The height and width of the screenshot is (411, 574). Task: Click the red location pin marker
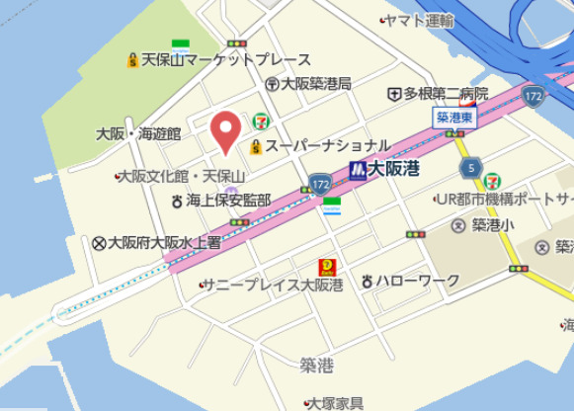(226, 131)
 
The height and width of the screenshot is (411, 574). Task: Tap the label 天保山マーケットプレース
(226, 60)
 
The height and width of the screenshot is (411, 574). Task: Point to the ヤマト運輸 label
(423, 20)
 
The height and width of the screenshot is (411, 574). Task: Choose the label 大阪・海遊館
(138, 133)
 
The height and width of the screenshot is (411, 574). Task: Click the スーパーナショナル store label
(327, 146)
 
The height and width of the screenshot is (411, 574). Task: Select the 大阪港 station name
(394, 169)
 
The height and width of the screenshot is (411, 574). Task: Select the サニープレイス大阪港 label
(274, 286)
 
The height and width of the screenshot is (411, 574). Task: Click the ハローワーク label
(417, 281)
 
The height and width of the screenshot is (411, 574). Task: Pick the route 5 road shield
(470, 165)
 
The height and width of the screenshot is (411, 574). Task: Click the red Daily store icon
(325, 268)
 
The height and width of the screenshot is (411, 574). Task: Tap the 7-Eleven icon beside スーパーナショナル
(261, 121)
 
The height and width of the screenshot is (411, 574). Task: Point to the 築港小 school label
(492, 225)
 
